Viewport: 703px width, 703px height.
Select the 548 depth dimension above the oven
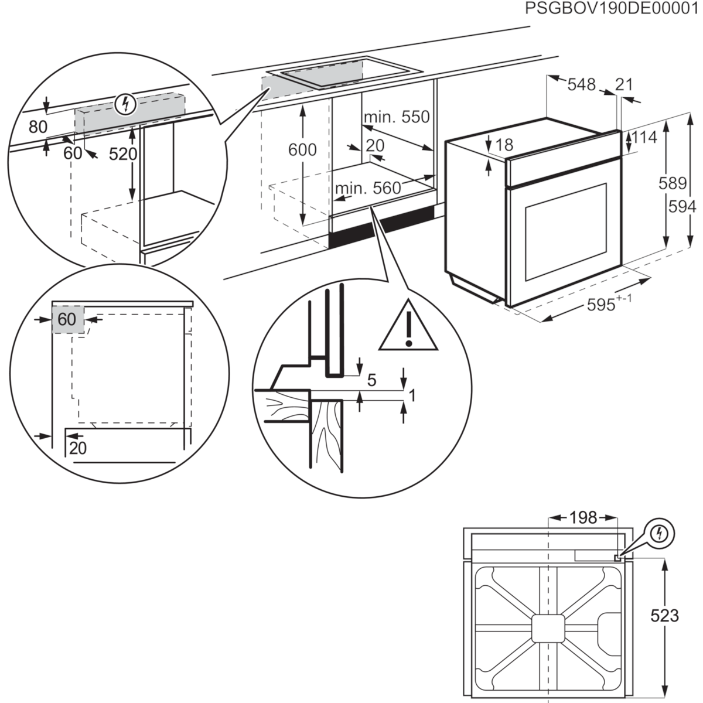pos(581,85)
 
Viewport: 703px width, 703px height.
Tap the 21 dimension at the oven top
pos(624,84)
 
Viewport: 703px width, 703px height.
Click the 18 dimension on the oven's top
pos(504,145)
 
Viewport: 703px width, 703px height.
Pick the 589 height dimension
pos(672,183)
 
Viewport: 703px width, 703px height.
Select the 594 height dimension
pos(682,206)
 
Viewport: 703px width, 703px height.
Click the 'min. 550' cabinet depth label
pos(397,117)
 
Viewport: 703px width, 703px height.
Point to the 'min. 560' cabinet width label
pos(368,188)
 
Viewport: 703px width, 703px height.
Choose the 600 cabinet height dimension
pos(302,150)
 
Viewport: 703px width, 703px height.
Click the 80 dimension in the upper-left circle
pos(37,127)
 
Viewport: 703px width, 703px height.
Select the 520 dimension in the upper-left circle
pos(123,154)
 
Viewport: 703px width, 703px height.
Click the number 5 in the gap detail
pos(371,380)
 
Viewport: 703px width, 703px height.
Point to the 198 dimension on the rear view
pos(583,517)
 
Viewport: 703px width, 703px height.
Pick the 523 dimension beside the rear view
pos(664,615)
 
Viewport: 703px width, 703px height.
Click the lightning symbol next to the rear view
pos(661,533)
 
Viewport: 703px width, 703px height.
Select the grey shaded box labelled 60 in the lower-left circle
pos(68,319)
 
